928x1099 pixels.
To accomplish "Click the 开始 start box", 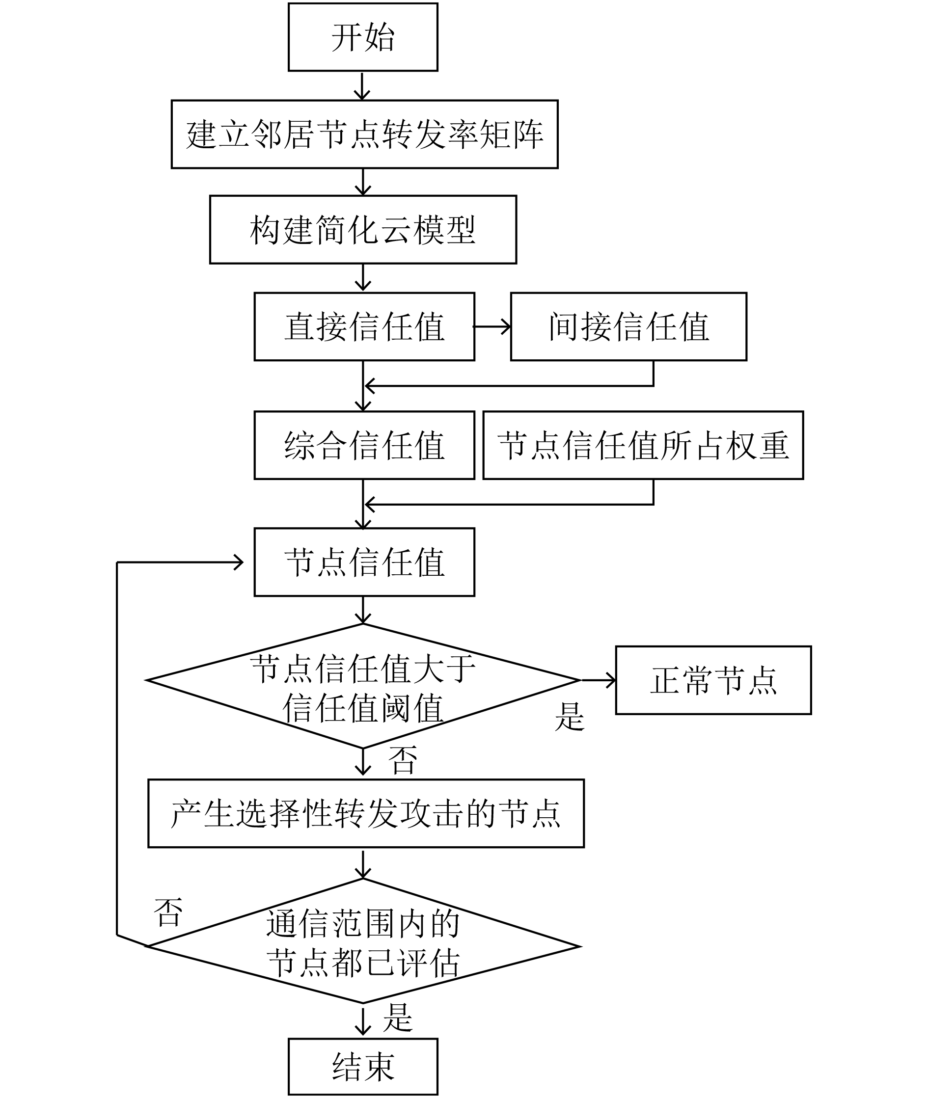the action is click(x=363, y=37).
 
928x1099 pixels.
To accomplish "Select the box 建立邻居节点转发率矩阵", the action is click(x=364, y=134).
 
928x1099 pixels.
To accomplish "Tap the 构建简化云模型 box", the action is click(x=363, y=230).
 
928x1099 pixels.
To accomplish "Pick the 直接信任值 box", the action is click(x=364, y=326).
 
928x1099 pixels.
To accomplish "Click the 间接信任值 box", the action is click(x=628, y=326).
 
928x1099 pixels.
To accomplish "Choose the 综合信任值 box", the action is click(x=364, y=445).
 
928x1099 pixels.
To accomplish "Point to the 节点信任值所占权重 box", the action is click(x=643, y=445).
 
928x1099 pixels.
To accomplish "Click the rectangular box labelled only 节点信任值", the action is click(x=364, y=562).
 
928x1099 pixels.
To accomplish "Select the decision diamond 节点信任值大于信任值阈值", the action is click(x=363, y=686).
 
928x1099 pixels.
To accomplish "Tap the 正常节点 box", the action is click(x=714, y=680).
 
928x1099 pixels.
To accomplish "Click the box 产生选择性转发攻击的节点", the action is click(x=366, y=813).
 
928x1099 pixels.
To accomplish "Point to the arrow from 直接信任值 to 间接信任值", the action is click(x=492, y=327).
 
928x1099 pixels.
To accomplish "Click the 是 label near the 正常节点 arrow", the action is click(x=570, y=716).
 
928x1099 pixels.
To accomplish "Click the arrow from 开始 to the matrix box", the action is click(x=362, y=86).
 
